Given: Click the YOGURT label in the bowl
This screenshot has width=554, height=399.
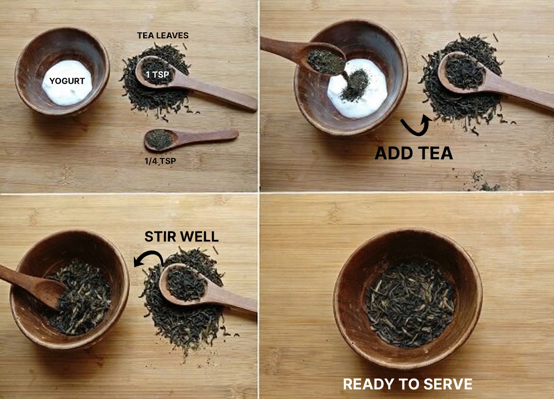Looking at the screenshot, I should coord(67,81).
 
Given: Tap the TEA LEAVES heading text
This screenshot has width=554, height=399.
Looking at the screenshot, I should coord(163,36).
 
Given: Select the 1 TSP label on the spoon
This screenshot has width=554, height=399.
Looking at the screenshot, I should coord(157,74).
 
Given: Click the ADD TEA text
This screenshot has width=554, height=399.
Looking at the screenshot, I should coord(414,153).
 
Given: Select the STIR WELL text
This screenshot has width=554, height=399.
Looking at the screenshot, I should coord(181,236).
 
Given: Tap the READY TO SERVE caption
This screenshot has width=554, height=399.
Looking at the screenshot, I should coord(408,384).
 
